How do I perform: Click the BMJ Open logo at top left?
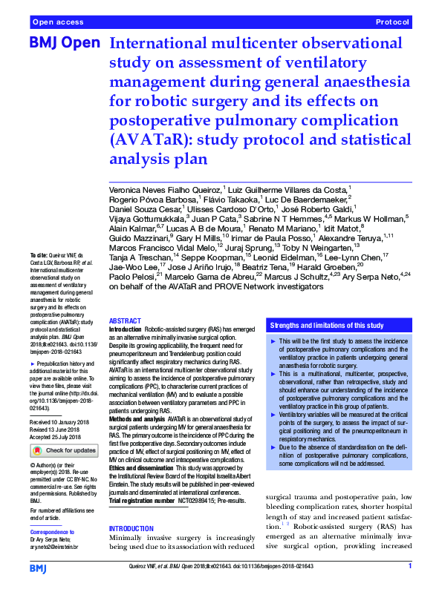click(64, 44)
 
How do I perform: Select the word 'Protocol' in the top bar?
click(393, 23)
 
